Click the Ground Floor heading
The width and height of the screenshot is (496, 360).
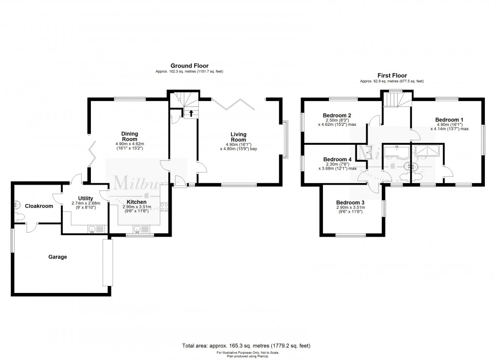click(x=189, y=65)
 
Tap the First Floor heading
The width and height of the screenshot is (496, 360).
click(x=391, y=76)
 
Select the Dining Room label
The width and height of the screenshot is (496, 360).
click(x=130, y=136)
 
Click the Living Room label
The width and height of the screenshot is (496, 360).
click(x=238, y=137)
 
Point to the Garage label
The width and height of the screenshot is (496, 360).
click(x=57, y=257)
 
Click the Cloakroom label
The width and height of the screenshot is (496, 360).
click(x=39, y=206)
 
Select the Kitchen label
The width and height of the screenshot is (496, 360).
click(x=137, y=202)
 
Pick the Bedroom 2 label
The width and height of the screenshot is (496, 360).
click(x=337, y=115)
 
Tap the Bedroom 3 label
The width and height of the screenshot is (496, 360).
click(x=350, y=203)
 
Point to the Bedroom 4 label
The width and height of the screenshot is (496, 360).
click(x=337, y=159)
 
